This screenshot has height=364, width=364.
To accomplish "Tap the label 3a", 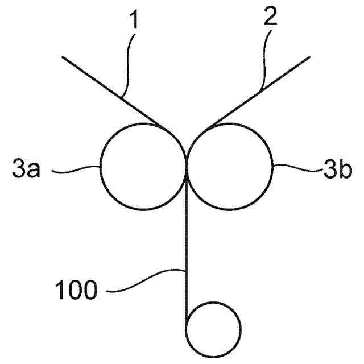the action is coord(26,169).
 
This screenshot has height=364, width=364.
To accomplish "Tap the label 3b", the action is coord(338,169).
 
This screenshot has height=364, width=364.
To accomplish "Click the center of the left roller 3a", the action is coord(142,166).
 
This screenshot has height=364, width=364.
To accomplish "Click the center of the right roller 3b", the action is coord(230,166).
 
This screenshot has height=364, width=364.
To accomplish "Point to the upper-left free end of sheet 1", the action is coord(64,57).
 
